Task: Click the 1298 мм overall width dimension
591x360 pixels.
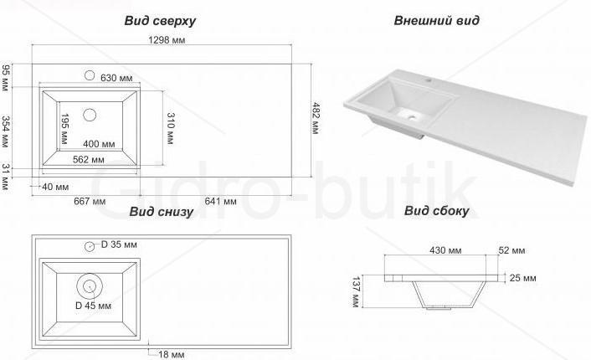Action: (x=167, y=40)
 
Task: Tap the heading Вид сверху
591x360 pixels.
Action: (x=160, y=21)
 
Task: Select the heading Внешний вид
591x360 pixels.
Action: (x=436, y=20)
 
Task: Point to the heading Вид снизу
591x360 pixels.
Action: (x=161, y=212)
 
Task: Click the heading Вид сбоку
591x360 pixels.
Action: (x=436, y=210)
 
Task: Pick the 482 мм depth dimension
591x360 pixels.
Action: (x=316, y=118)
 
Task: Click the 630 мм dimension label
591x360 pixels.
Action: (x=116, y=78)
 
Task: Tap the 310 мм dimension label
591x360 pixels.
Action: (x=170, y=129)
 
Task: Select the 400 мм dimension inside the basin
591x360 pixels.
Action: (x=99, y=144)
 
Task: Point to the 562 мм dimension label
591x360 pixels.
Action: (x=89, y=159)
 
